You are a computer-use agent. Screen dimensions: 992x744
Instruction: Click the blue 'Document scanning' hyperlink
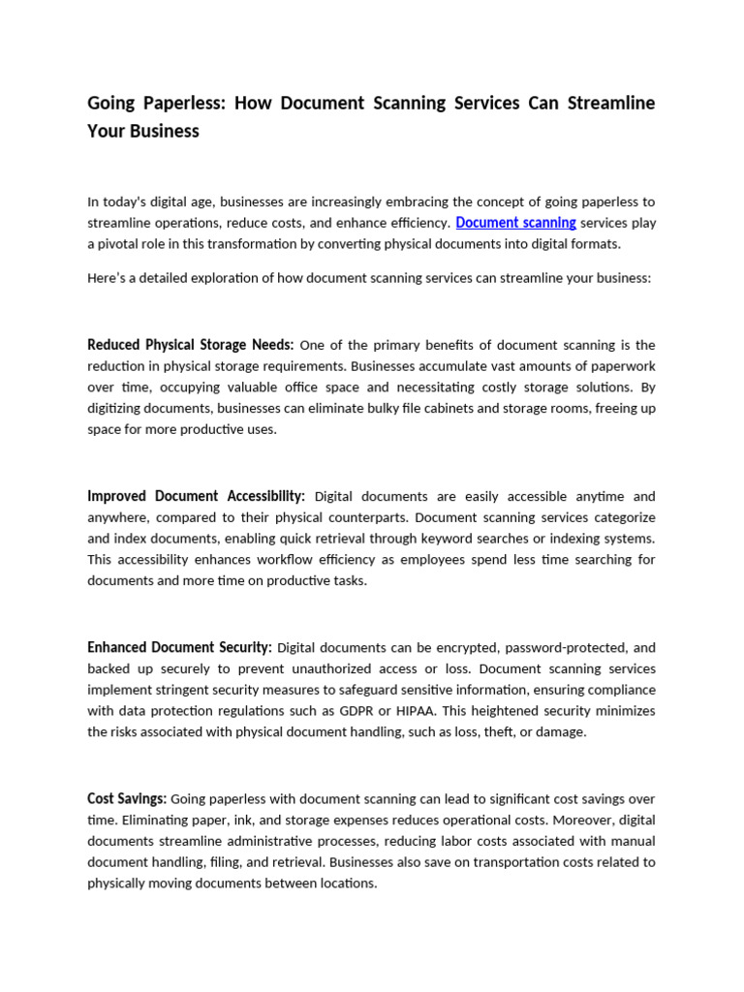(515, 223)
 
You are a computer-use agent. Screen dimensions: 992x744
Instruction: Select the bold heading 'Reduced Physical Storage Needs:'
(190, 345)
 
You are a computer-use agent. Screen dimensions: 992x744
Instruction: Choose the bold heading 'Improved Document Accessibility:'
(196, 496)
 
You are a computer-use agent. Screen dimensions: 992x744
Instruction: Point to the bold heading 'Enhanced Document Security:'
(179, 647)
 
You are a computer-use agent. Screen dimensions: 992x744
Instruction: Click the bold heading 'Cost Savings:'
(127, 798)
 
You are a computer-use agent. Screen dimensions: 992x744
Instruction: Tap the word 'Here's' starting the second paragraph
(106, 278)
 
